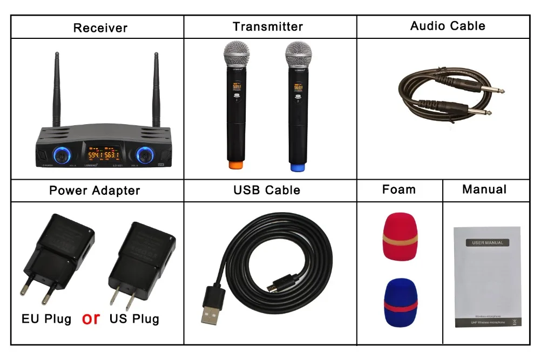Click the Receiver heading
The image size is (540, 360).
(x=100, y=28)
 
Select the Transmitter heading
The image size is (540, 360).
(x=268, y=26)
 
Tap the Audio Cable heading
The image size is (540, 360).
(x=448, y=26)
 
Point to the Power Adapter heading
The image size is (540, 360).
(x=94, y=190)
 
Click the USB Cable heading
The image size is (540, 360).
(x=267, y=190)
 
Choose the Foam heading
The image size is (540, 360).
(x=399, y=189)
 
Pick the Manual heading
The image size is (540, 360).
(x=484, y=189)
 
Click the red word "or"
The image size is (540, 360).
(x=91, y=318)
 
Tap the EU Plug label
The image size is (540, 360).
(x=46, y=319)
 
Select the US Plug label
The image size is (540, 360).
(x=134, y=319)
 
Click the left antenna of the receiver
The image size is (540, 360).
(x=57, y=89)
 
